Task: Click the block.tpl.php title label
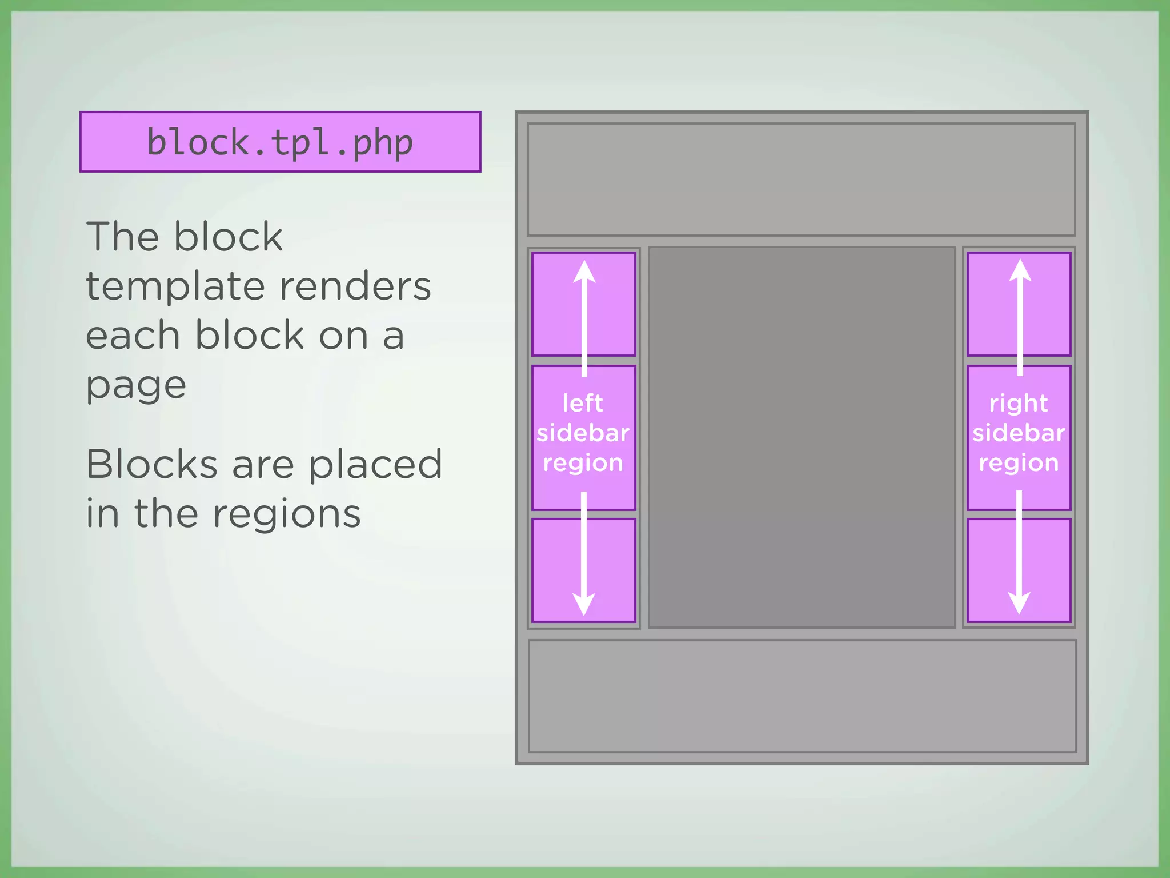(x=280, y=142)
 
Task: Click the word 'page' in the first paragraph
(x=136, y=386)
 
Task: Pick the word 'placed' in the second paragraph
(x=375, y=464)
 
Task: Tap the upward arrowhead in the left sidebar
(x=584, y=272)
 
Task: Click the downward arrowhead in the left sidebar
(x=584, y=604)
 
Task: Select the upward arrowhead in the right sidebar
(x=1020, y=270)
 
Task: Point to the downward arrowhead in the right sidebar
(x=1019, y=602)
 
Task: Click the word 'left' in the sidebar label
(x=583, y=403)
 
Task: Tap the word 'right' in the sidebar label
(x=1019, y=404)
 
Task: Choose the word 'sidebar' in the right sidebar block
(x=1019, y=433)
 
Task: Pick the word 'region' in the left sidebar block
(x=583, y=463)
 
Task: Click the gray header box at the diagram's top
(x=801, y=179)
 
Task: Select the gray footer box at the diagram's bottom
(x=802, y=696)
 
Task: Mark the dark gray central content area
(x=802, y=437)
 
